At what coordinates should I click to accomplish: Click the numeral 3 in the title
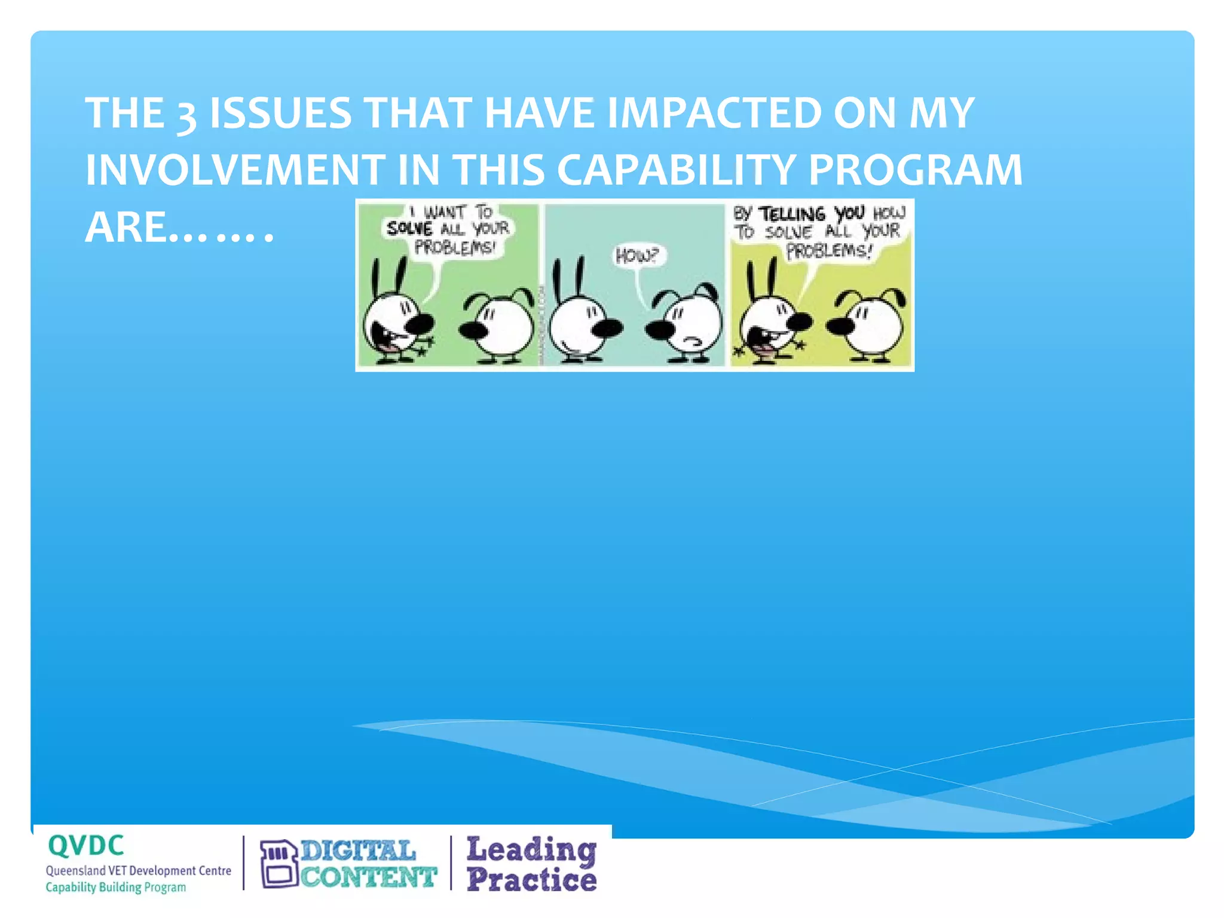coord(186,115)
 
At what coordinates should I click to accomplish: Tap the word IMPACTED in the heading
coord(714,113)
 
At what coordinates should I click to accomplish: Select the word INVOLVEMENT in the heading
coord(235,170)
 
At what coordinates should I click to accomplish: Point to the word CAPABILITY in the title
coord(676,170)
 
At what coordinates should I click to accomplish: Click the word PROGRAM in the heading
coord(915,170)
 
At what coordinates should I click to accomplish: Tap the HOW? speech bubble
coord(637,256)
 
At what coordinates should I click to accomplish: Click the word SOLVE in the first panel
coord(409,228)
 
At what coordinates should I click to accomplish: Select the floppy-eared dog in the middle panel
coord(687,326)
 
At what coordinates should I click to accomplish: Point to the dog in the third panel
coord(870,326)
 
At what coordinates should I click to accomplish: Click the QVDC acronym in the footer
coord(86,846)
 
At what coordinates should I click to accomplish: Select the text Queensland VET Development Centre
coord(138,871)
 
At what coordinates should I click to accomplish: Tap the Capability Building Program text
coord(116,888)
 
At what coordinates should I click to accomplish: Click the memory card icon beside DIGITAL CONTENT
coord(279,864)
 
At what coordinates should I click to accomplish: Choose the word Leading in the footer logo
coord(531,849)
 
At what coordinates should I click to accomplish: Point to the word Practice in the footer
coord(531,880)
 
